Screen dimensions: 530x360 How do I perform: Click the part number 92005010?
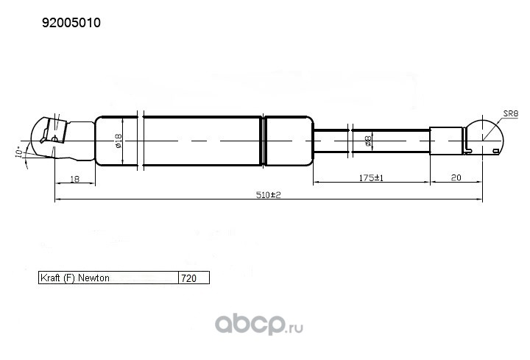(x=71, y=23)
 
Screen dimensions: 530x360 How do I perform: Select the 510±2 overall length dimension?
(x=269, y=195)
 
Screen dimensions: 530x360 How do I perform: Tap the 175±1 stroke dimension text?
(x=371, y=177)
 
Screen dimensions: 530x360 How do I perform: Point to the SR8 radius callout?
(x=510, y=113)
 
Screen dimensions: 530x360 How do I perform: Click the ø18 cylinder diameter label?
(x=118, y=141)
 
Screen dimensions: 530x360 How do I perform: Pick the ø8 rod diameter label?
(x=368, y=141)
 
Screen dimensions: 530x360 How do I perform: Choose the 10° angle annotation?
(x=19, y=152)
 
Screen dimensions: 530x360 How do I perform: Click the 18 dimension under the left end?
(x=74, y=179)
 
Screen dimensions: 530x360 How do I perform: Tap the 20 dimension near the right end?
(x=456, y=177)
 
